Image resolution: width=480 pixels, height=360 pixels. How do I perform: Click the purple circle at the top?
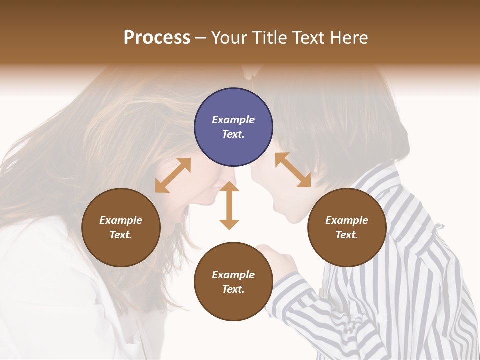point(233,127)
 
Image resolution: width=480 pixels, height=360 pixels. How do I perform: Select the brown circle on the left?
point(121,227)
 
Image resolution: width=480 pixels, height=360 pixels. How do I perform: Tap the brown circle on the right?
point(347,227)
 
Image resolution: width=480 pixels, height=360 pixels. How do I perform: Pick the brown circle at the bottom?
point(233,282)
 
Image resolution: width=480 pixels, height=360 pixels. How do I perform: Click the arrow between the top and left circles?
point(173,175)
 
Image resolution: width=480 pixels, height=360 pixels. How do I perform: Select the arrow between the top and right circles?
point(293,170)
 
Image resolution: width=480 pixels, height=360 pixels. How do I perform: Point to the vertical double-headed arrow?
point(229,205)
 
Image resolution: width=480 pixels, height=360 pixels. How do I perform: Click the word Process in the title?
point(157,38)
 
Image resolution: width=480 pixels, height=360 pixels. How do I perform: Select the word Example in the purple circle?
point(233,120)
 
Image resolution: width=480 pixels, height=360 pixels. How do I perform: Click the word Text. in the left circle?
point(121,235)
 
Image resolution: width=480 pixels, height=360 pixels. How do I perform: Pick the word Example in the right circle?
point(347,220)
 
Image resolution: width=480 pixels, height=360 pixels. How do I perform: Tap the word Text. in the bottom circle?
point(233,289)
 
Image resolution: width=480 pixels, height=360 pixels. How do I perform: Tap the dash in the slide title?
point(201,38)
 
